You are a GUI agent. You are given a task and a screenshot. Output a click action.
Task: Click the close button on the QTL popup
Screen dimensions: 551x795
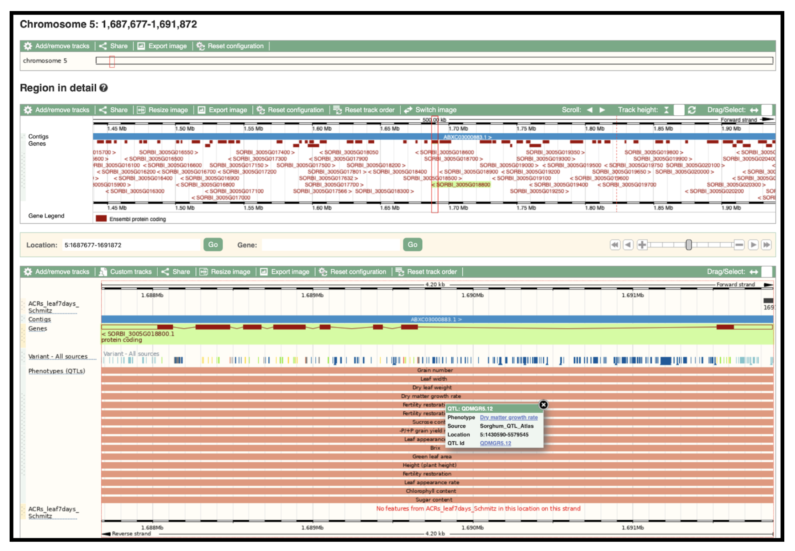(x=543, y=405)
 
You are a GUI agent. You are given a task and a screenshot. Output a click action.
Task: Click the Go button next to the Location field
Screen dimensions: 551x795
(x=213, y=245)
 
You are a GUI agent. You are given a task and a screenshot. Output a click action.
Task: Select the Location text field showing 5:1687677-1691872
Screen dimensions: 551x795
(x=131, y=245)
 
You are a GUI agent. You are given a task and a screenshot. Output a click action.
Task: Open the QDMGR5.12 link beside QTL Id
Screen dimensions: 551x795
(x=495, y=443)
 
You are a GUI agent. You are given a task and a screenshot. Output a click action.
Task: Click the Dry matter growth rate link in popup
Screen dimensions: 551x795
(x=509, y=417)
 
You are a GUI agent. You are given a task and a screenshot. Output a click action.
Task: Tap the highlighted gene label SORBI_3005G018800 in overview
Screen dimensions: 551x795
(x=463, y=184)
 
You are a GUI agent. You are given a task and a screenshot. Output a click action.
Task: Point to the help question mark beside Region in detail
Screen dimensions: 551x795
(x=104, y=88)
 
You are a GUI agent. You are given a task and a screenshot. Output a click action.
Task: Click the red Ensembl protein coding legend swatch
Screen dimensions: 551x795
(x=101, y=219)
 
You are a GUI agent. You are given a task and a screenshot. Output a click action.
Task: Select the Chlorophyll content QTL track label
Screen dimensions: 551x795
(x=431, y=491)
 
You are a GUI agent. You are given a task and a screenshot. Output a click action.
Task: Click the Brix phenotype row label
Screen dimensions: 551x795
(x=435, y=448)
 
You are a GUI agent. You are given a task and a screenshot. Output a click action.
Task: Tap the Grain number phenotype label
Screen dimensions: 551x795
(x=435, y=370)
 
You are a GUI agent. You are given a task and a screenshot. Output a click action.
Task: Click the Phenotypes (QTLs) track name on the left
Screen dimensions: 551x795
(x=57, y=371)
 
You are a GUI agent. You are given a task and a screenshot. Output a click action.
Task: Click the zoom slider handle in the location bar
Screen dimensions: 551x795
(x=689, y=245)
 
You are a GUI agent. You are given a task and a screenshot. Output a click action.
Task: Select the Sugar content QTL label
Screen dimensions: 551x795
(x=433, y=499)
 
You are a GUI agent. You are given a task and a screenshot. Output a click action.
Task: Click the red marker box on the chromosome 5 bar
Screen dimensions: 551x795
(x=112, y=61)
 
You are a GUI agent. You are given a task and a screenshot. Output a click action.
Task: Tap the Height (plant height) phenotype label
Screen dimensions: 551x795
(x=429, y=465)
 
